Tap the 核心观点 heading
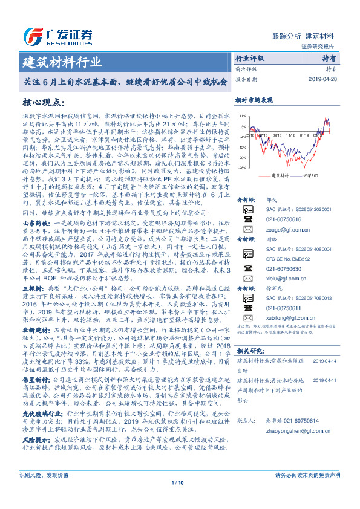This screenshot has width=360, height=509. tap(44, 103)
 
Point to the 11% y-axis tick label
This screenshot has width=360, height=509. tap(242, 115)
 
